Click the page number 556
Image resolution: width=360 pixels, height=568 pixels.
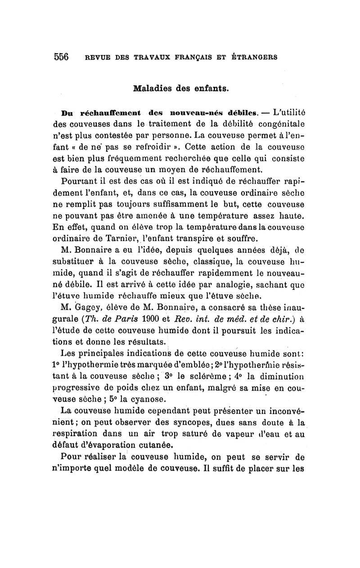click(61, 57)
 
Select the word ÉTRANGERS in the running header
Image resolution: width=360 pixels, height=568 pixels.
click(255, 58)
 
